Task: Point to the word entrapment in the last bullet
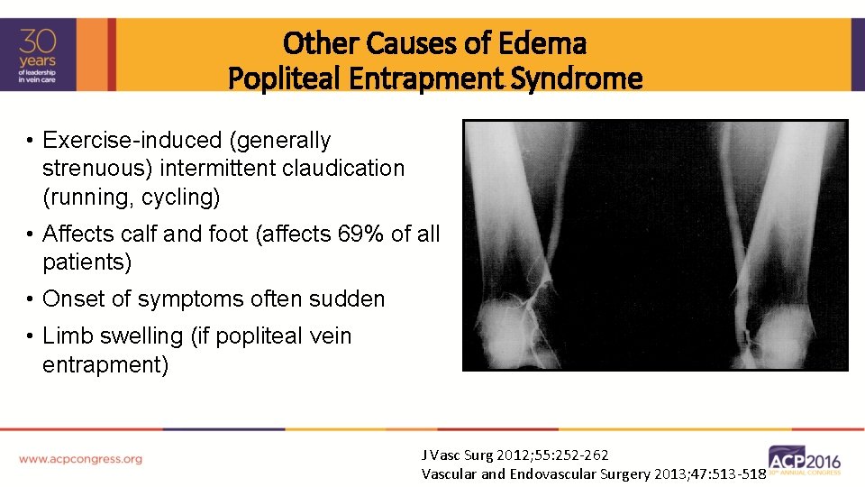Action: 105,365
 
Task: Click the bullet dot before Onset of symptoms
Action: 31,299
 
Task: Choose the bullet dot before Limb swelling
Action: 31,336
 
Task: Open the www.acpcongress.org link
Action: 81,459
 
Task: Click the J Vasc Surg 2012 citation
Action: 514,455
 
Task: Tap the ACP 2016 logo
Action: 804,460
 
